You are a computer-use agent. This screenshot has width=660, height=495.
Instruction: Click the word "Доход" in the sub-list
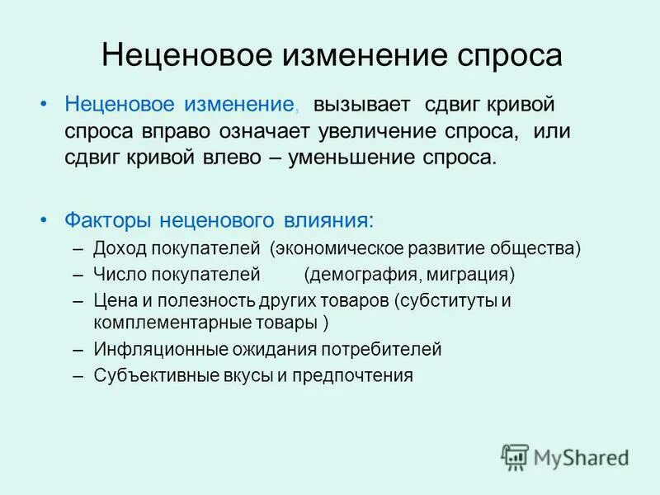(x=118, y=248)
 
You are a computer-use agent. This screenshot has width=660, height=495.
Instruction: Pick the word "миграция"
(x=474, y=274)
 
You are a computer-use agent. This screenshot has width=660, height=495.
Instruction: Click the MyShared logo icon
(x=515, y=456)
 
